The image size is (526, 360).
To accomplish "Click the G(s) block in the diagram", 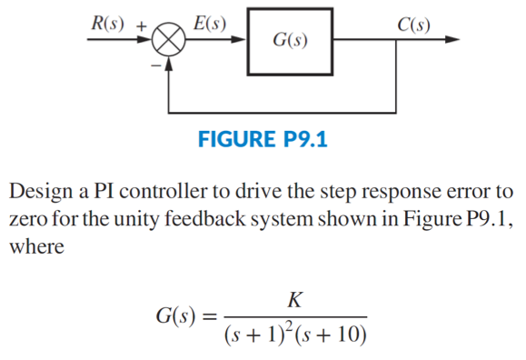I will pos(288,41).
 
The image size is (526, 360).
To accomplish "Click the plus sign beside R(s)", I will pos(141,25).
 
